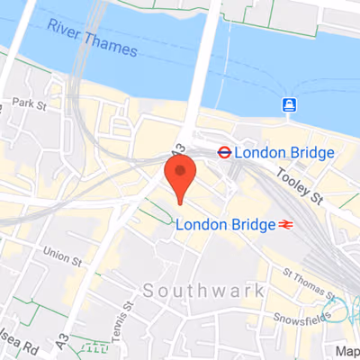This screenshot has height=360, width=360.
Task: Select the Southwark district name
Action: tap(203, 291)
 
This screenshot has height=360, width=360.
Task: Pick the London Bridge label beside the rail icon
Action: tap(226, 224)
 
